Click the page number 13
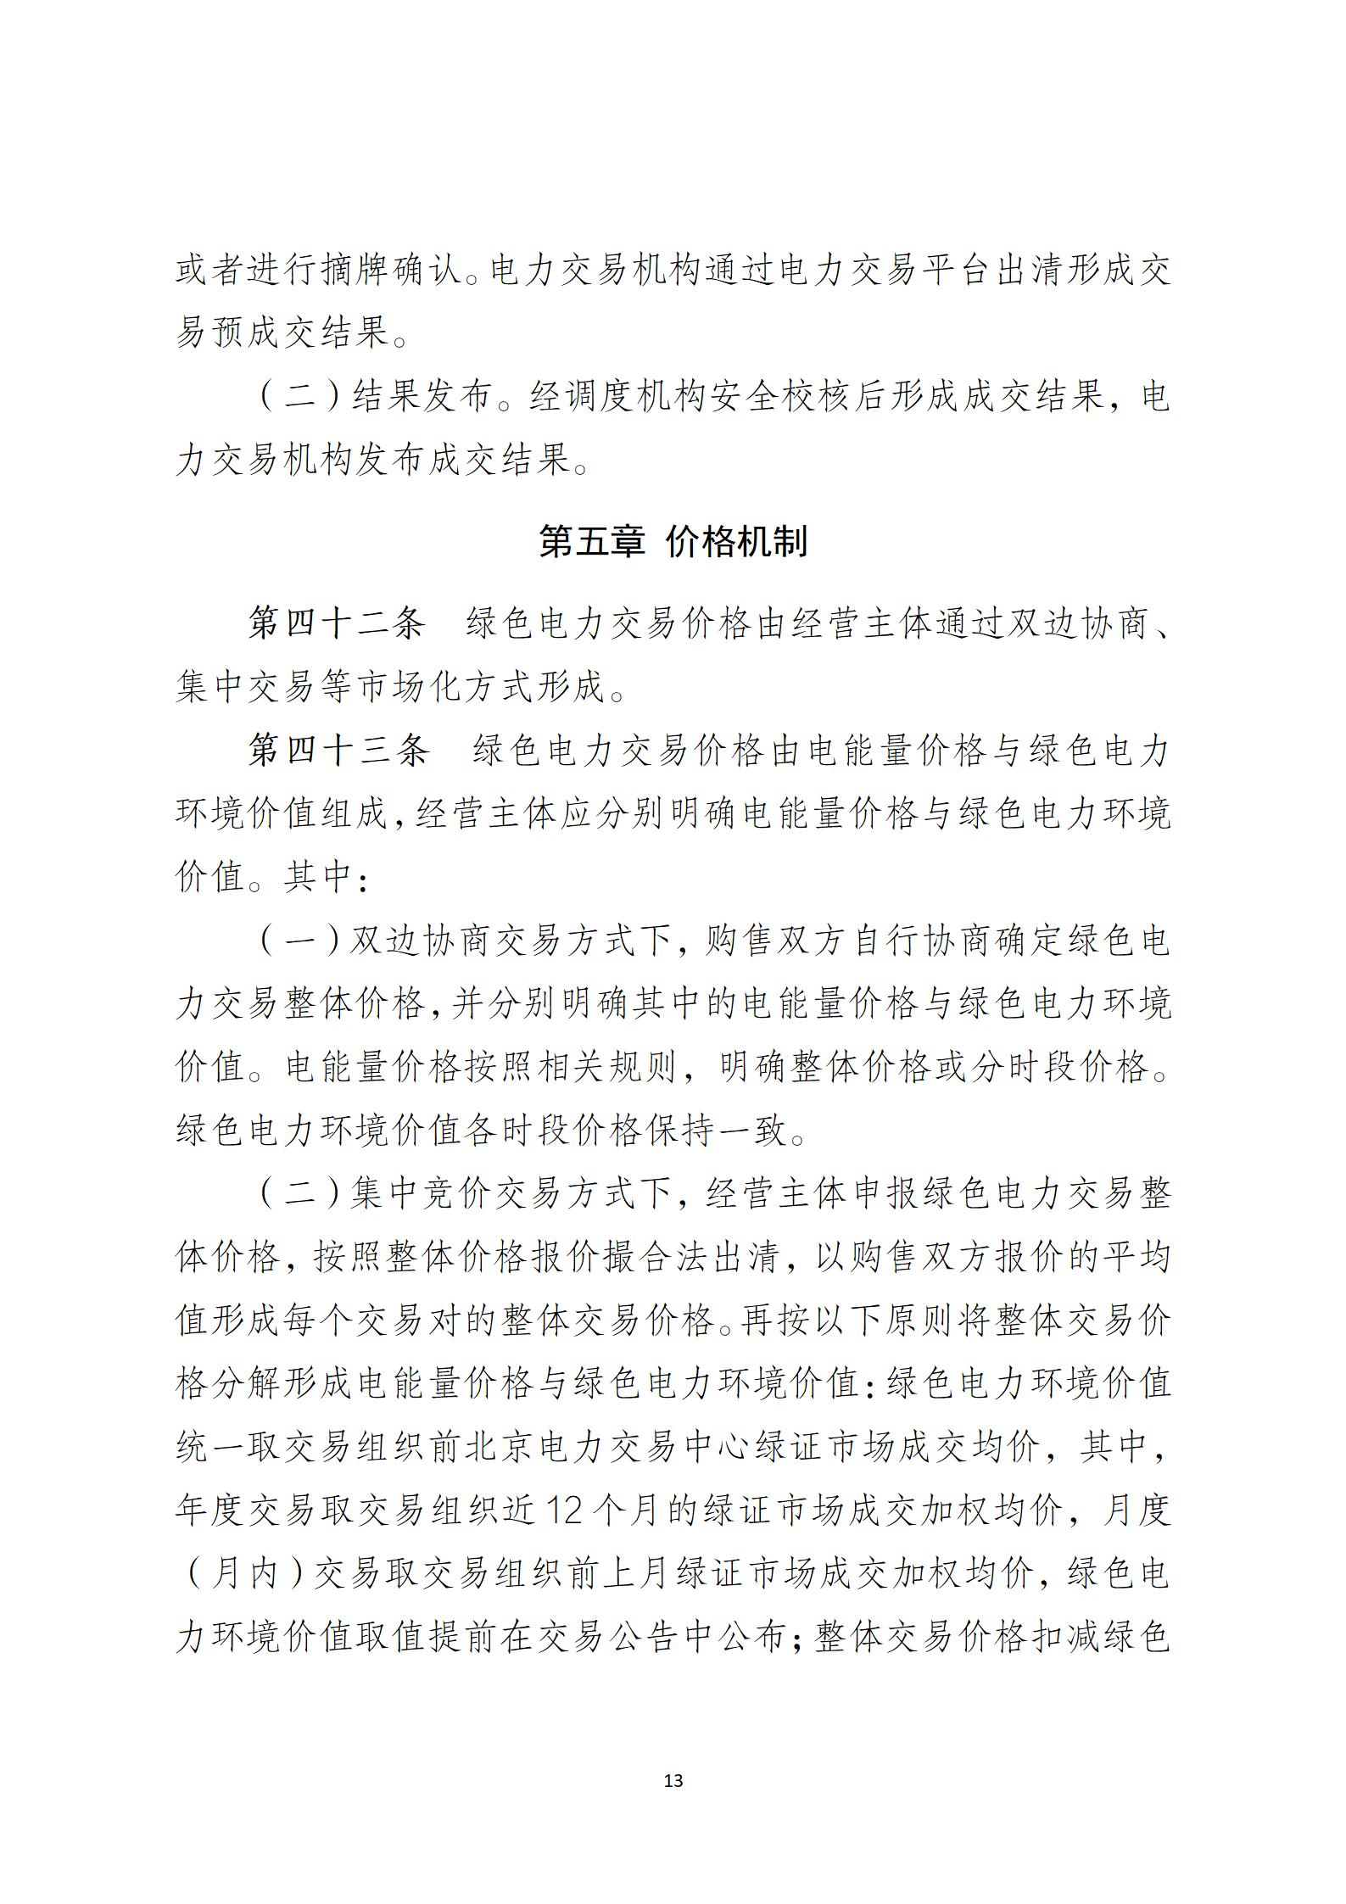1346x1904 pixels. [673, 1780]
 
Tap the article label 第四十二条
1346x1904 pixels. [336, 625]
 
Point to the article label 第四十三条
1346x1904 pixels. [338, 751]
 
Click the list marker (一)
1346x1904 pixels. [300, 941]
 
